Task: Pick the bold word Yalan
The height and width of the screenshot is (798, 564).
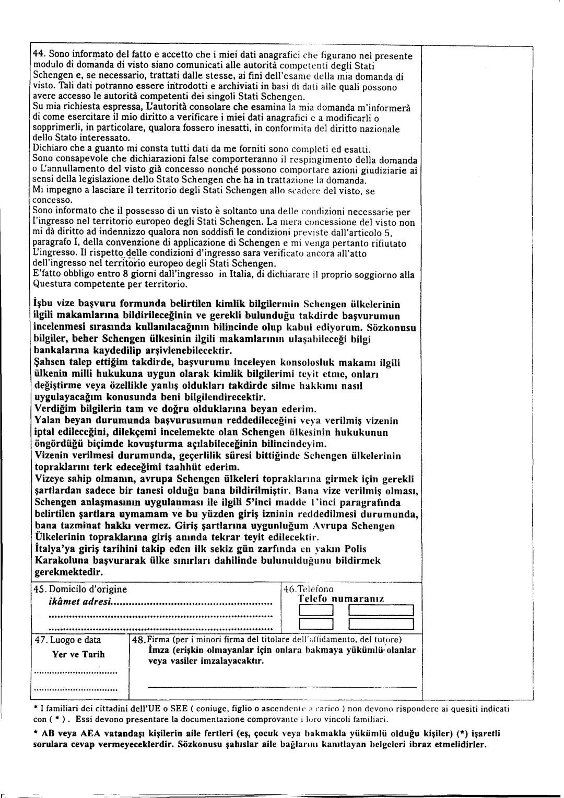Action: pos(46,421)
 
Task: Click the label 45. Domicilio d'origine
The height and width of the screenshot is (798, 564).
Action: pos(80,589)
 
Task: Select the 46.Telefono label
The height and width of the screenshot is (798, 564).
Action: pos(308,589)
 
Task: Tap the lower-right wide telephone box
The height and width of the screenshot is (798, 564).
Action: pos(381,624)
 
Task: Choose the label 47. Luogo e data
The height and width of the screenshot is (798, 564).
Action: pos(67,640)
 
